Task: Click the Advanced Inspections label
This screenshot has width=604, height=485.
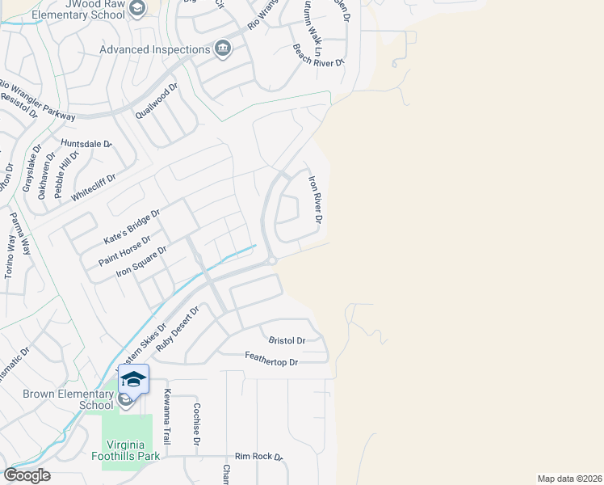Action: [x=154, y=50]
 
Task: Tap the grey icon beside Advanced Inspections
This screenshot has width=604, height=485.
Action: [x=222, y=50]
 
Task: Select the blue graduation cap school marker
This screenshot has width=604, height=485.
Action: [x=134, y=378]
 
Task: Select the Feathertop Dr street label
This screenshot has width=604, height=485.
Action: [x=272, y=362]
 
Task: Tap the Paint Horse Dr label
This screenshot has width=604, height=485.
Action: [x=124, y=251]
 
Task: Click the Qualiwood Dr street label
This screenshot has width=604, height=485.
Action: [x=156, y=101]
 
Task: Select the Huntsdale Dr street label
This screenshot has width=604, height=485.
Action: [x=86, y=144]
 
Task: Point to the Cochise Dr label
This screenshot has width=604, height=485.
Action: [x=196, y=425]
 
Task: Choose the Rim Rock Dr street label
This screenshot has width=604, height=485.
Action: [x=258, y=457]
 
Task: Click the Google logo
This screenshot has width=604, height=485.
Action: [x=27, y=475]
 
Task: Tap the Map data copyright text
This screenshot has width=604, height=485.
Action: [x=570, y=479]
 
